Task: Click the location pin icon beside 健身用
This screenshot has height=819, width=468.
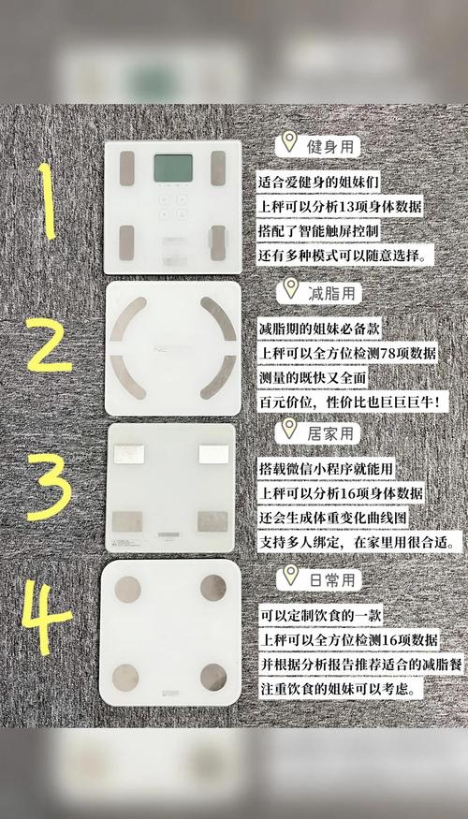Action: click(x=288, y=143)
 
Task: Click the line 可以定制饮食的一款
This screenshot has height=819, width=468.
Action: click(x=323, y=616)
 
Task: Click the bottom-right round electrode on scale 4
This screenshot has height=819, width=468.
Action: click(x=213, y=677)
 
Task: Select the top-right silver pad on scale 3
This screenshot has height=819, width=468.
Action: click(x=214, y=452)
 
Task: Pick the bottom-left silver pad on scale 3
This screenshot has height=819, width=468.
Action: click(x=126, y=521)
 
